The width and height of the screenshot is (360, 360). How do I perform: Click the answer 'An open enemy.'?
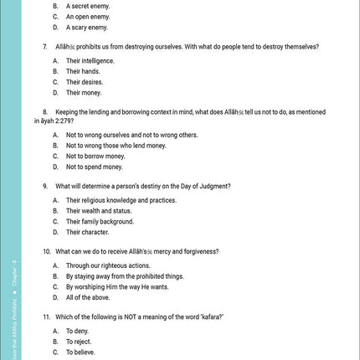[88, 16]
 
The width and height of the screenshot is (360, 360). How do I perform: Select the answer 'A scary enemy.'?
[88, 27]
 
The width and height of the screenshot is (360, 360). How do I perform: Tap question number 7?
[44, 46]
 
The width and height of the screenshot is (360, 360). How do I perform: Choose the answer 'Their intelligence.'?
[90, 61]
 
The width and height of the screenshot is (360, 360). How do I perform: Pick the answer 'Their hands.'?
[84, 72]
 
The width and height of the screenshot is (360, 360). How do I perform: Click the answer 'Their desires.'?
[85, 82]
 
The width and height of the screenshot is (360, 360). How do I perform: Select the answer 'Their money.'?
[84, 93]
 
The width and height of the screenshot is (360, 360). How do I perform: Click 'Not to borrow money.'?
[95, 156]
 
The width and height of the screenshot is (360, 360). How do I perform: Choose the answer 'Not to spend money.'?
[95, 167]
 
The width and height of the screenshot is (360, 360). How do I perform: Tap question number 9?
[44, 186]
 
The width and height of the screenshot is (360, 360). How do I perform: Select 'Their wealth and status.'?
[100, 211]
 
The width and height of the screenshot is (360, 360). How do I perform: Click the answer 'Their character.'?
[88, 232]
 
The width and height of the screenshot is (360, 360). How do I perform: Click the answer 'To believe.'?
[80, 352]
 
